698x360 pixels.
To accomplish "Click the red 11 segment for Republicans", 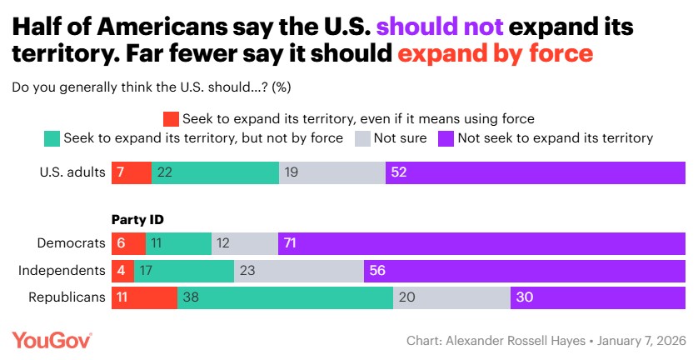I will click(144, 297).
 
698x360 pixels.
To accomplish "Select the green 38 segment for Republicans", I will click(285, 297).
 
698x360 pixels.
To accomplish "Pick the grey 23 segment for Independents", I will click(299, 270).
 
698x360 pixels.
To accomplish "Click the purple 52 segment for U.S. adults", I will click(535, 172).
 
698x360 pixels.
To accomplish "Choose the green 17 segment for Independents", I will click(184, 270).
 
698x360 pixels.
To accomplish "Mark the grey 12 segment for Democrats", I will click(245, 242).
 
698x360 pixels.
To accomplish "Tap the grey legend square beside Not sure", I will click(364, 137).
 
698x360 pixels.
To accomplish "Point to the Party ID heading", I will click(137, 220).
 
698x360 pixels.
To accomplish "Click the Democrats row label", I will click(72, 242).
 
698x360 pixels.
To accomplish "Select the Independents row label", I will click(62, 270).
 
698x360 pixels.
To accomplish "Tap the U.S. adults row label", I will click(73, 172).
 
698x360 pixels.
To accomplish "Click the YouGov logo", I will click(52, 340).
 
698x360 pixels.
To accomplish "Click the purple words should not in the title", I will click(439, 27).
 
